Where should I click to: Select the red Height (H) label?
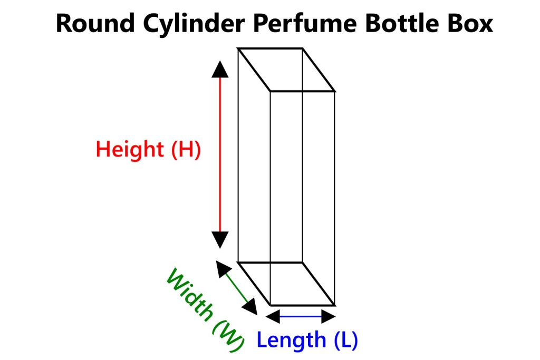tap(148, 150)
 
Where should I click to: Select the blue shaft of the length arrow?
tap(301, 316)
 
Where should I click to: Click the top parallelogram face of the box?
tap(286, 70)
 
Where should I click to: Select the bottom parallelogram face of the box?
tap(286, 284)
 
